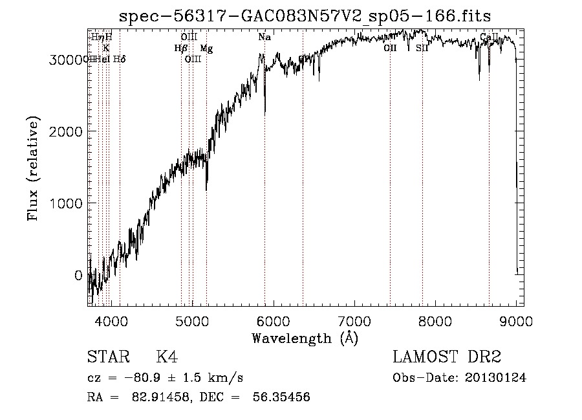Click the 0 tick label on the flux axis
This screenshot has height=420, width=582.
point(78,275)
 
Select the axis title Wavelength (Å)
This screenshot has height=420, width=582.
point(305,338)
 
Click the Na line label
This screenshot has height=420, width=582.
point(264,38)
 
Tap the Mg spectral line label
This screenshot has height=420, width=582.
point(206,49)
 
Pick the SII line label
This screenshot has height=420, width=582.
point(422,48)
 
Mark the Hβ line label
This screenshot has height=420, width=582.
point(180,48)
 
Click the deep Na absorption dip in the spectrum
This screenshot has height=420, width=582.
point(265,110)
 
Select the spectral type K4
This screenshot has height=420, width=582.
point(167,357)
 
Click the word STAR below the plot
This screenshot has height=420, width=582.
point(107,357)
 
